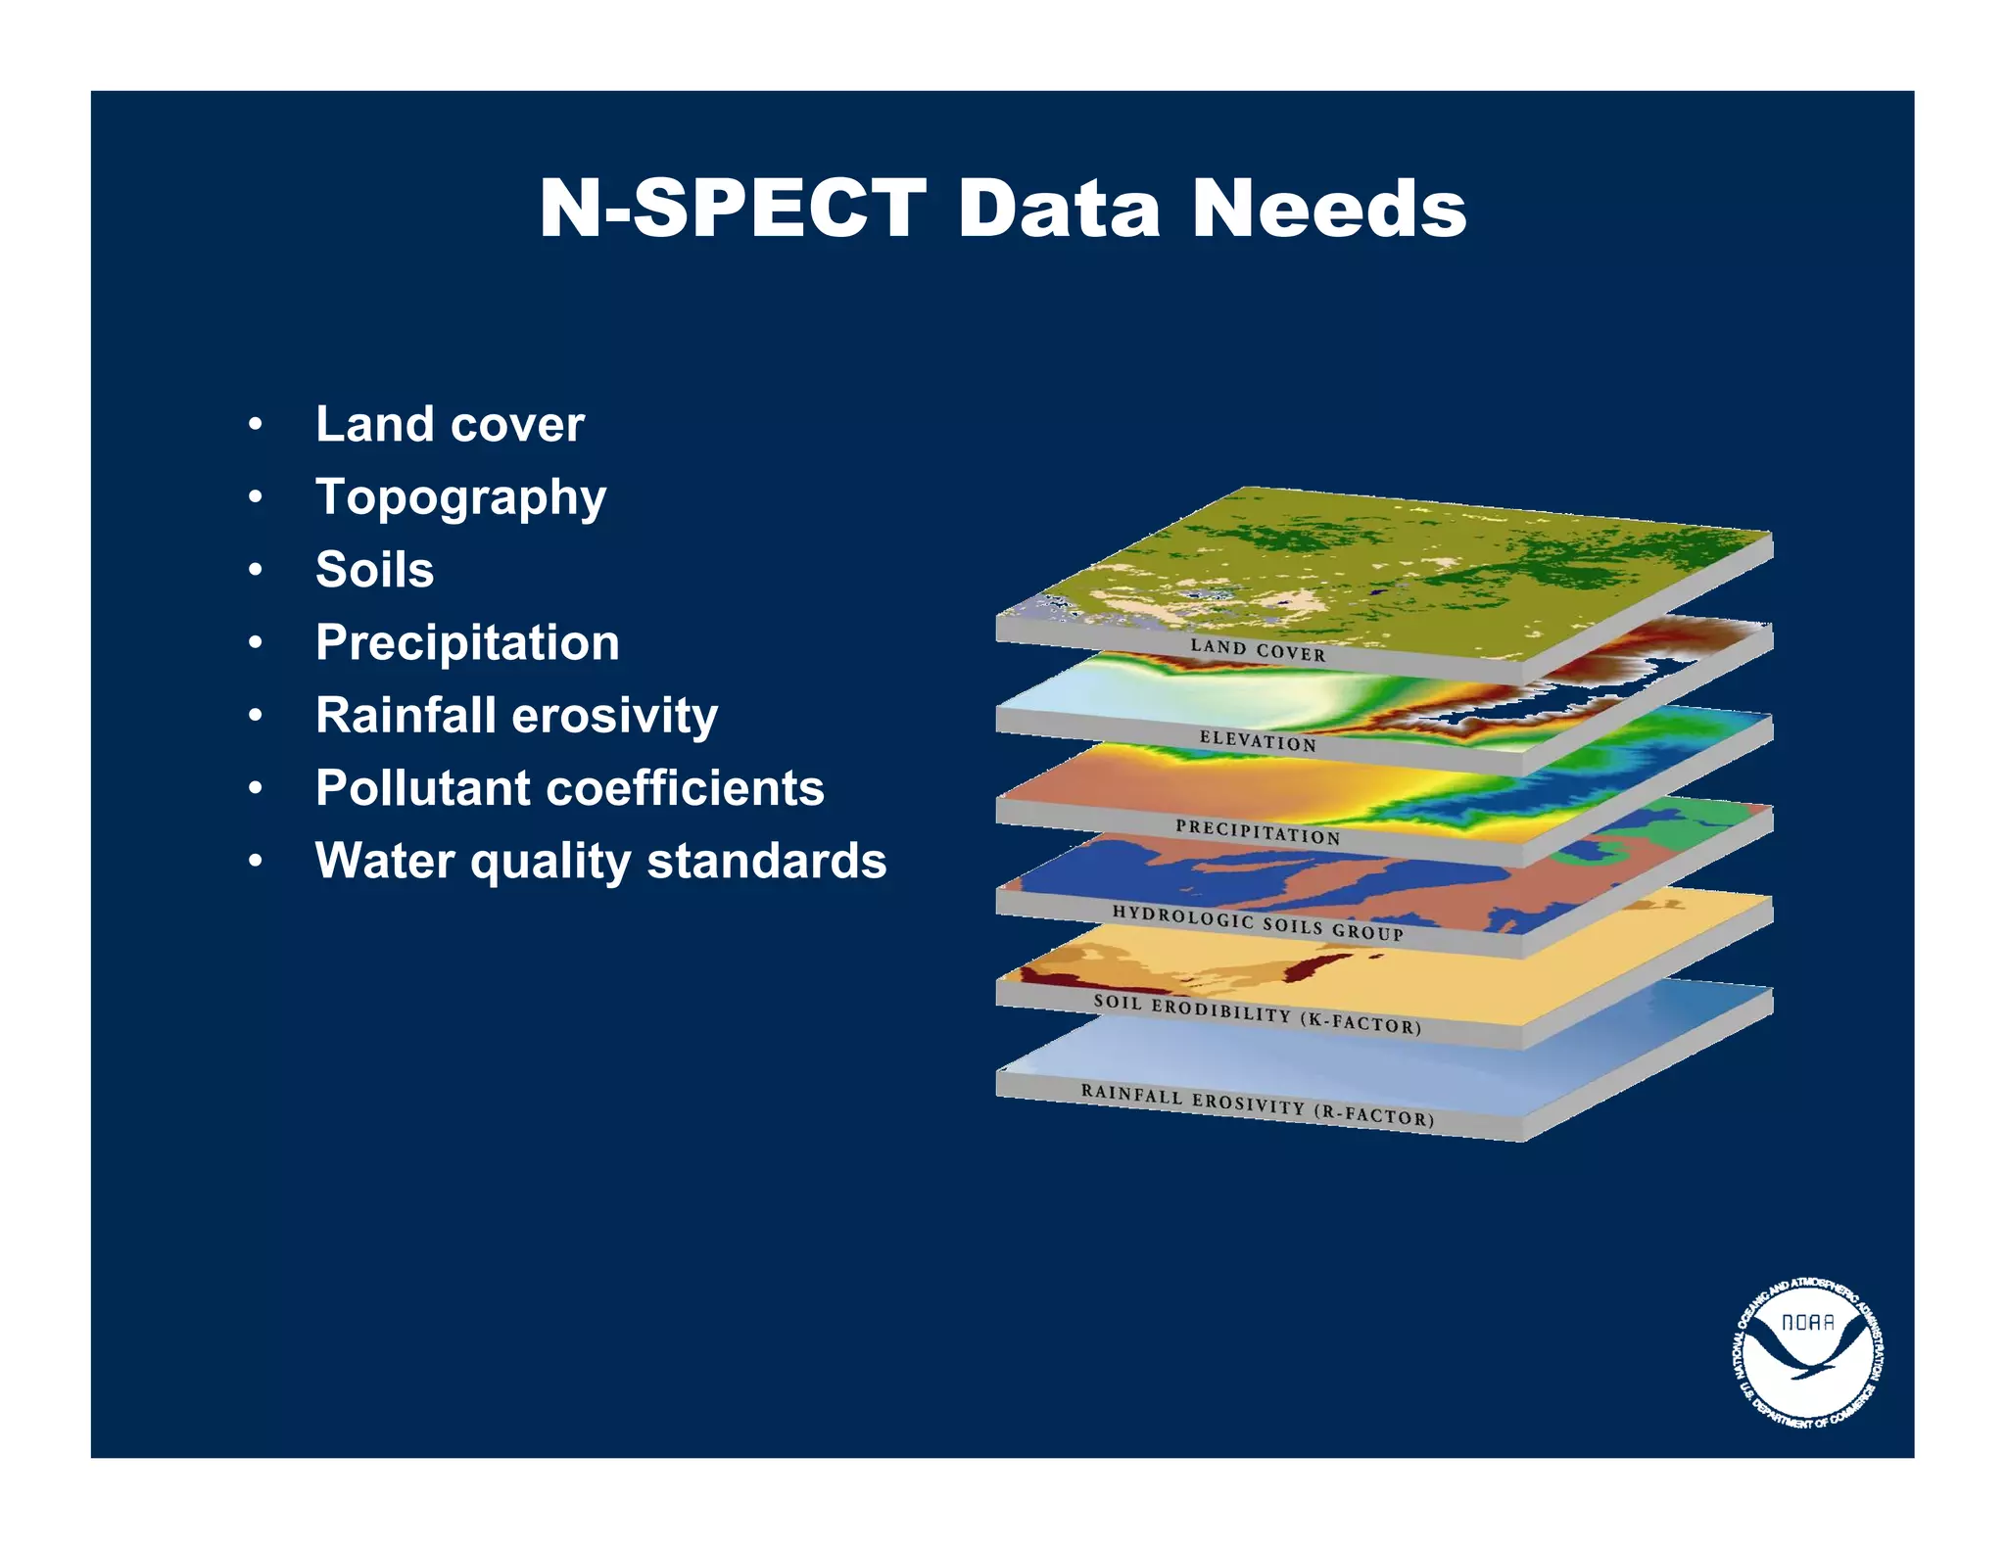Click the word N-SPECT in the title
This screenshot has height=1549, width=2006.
point(733,209)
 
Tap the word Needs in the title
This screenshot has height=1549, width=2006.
point(1329,209)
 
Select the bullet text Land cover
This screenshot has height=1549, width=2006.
point(450,424)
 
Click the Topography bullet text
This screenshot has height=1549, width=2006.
point(460,497)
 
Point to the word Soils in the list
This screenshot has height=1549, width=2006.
point(374,570)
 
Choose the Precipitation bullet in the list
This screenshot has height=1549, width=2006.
point(467,642)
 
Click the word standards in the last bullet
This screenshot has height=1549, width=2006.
point(767,861)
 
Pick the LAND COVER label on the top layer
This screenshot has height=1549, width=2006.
point(1258,650)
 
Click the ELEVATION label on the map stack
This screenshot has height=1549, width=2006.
point(1258,741)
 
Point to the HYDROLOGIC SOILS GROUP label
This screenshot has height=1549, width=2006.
point(1258,922)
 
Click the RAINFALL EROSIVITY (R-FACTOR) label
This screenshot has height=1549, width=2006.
point(1258,1104)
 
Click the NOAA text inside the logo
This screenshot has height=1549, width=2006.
point(1807,1323)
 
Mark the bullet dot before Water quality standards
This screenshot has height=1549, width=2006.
point(255,862)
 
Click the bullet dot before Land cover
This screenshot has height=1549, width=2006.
point(255,425)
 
